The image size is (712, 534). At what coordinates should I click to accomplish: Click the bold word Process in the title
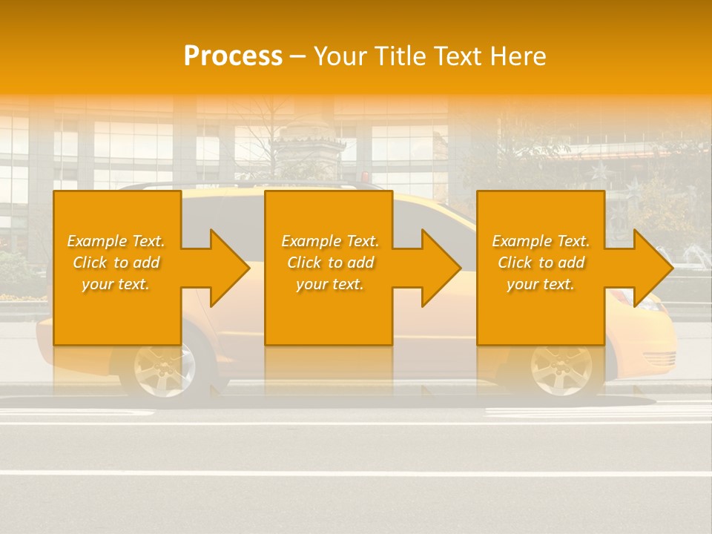pos(233,56)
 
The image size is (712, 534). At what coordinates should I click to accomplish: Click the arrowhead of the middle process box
pos(440,268)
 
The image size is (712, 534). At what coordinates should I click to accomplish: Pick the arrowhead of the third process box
pos(652,268)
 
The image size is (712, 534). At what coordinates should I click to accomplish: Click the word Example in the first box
pos(97,241)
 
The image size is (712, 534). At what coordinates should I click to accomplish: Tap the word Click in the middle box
pos(303,263)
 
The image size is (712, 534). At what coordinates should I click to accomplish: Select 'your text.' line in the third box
pos(540,284)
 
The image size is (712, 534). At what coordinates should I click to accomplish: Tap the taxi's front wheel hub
pos(561,367)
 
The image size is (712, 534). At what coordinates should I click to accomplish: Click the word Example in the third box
pos(522,241)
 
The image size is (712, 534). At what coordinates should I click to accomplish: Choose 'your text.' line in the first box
pos(115,284)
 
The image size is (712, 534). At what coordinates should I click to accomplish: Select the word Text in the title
pos(458,56)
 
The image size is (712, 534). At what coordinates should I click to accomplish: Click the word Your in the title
pos(339,56)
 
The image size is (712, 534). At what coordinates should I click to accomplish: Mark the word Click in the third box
pos(513,263)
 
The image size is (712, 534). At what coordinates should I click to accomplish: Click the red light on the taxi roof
pos(364,177)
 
